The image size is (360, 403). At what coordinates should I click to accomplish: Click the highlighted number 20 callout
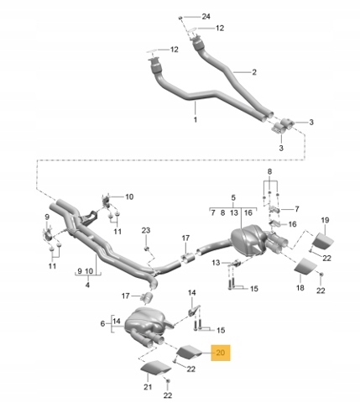coord(221,353)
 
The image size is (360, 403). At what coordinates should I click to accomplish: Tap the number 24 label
coord(206,17)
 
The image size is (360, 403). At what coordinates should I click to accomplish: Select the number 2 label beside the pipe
coord(254,72)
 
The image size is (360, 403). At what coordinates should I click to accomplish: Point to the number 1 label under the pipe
coord(196,119)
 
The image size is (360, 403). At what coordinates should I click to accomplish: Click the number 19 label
coord(325,220)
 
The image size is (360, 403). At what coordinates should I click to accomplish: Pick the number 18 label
coord(300,287)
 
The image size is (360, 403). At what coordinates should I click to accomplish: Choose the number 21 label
coord(148,387)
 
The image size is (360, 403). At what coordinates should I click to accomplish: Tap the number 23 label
coord(146,230)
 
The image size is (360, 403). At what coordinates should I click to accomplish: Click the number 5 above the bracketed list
coord(233,198)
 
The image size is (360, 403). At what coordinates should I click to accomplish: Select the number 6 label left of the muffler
coord(102,324)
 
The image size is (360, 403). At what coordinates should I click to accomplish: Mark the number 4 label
coord(87,285)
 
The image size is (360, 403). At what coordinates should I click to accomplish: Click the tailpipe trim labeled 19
coord(322,241)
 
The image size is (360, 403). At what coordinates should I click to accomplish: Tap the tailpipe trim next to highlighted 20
coord(190,353)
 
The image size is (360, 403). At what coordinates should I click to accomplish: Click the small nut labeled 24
coord(180,18)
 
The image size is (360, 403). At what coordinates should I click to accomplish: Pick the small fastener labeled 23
coord(146,249)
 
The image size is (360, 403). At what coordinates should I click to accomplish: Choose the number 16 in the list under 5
coord(248,213)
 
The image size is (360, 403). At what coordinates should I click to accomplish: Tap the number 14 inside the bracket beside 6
coord(117,321)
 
